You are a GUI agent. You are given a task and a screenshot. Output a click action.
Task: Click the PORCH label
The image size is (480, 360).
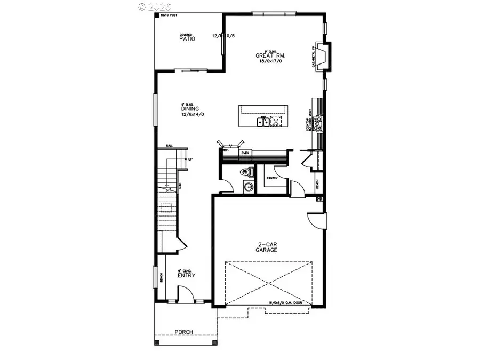(x=184, y=332)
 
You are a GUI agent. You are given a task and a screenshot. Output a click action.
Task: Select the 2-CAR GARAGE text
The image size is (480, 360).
(x=266, y=247)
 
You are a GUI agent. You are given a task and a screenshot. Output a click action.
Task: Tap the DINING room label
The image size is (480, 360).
(x=189, y=109)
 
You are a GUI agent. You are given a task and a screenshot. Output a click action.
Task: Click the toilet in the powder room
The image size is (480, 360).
(x=245, y=172)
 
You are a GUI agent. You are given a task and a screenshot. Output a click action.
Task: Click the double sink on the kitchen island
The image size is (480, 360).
(x=263, y=123)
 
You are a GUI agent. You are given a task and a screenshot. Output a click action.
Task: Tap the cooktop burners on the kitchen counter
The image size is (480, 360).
(x=318, y=124)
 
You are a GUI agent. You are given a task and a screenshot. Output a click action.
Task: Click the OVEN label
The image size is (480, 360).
(x=245, y=153)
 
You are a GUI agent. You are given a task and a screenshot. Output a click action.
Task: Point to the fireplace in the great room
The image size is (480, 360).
(x=321, y=56)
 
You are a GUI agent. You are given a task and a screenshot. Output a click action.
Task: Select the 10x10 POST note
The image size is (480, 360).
(x=167, y=16)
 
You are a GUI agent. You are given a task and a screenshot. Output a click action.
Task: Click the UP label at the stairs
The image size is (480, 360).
(x=190, y=159)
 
